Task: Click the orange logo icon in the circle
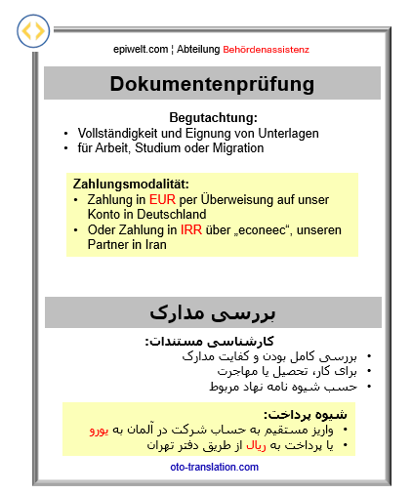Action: point(33,32)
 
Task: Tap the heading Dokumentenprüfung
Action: point(212,84)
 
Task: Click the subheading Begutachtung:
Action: point(212,117)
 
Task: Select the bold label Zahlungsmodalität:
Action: point(130,183)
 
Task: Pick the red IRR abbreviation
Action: point(191,230)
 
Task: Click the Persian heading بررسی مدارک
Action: point(212,312)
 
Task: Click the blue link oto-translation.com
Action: point(214,467)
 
